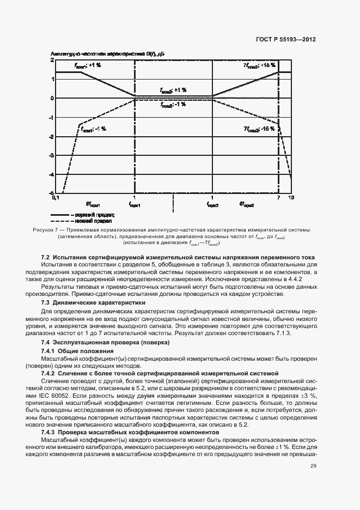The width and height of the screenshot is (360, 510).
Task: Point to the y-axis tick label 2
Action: click(52, 60)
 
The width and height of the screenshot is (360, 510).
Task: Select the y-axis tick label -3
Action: click(51, 156)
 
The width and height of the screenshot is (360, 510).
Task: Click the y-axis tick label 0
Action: click(52, 99)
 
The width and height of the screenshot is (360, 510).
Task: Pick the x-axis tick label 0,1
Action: click(55, 198)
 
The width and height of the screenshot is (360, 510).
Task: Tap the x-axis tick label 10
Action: click(291, 198)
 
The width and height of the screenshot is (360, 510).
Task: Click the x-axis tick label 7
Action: click(278, 198)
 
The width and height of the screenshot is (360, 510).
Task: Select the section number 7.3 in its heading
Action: click(46, 302)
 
